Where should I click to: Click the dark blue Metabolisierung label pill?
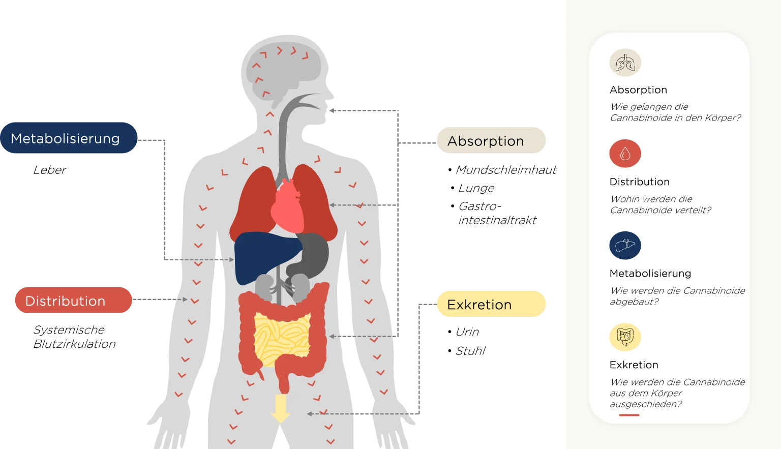point(69,138)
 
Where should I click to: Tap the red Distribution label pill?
point(74,300)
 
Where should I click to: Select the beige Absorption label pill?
point(491,140)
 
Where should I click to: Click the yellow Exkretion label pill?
point(491,304)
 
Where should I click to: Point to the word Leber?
point(49,170)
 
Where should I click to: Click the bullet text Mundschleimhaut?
point(506,170)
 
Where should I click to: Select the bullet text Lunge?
point(476,188)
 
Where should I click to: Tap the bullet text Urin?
point(467,332)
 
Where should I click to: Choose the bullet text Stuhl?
point(470,351)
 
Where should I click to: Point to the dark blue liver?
point(268,257)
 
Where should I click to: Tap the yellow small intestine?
point(282,338)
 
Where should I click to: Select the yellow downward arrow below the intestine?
point(281,408)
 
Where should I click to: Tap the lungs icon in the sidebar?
point(625,63)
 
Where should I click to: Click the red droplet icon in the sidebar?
point(625,154)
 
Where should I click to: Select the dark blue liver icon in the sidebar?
point(625,246)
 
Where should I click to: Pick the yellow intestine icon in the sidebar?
point(625,337)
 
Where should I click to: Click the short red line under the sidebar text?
point(629,415)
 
